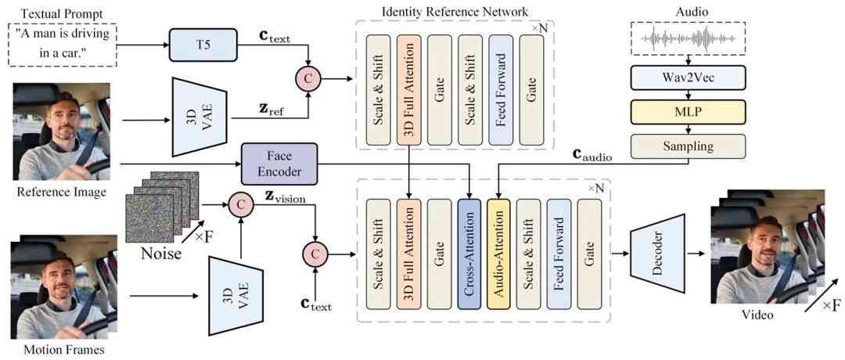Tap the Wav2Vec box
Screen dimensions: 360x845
pyautogui.click(x=688, y=77)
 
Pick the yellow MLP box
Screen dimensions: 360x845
pyautogui.click(x=688, y=112)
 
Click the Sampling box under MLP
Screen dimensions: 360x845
pyautogui.click(x=688, y=146)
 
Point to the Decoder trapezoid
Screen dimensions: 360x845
pyautogui.click(x=656, y=256)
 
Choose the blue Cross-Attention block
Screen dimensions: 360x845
pyautogui.click(x=468, y=254)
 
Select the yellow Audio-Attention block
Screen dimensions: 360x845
pyautogui.click(x=498, y=254)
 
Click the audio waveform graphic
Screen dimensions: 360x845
pyautogui.click(x=688, y=38)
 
